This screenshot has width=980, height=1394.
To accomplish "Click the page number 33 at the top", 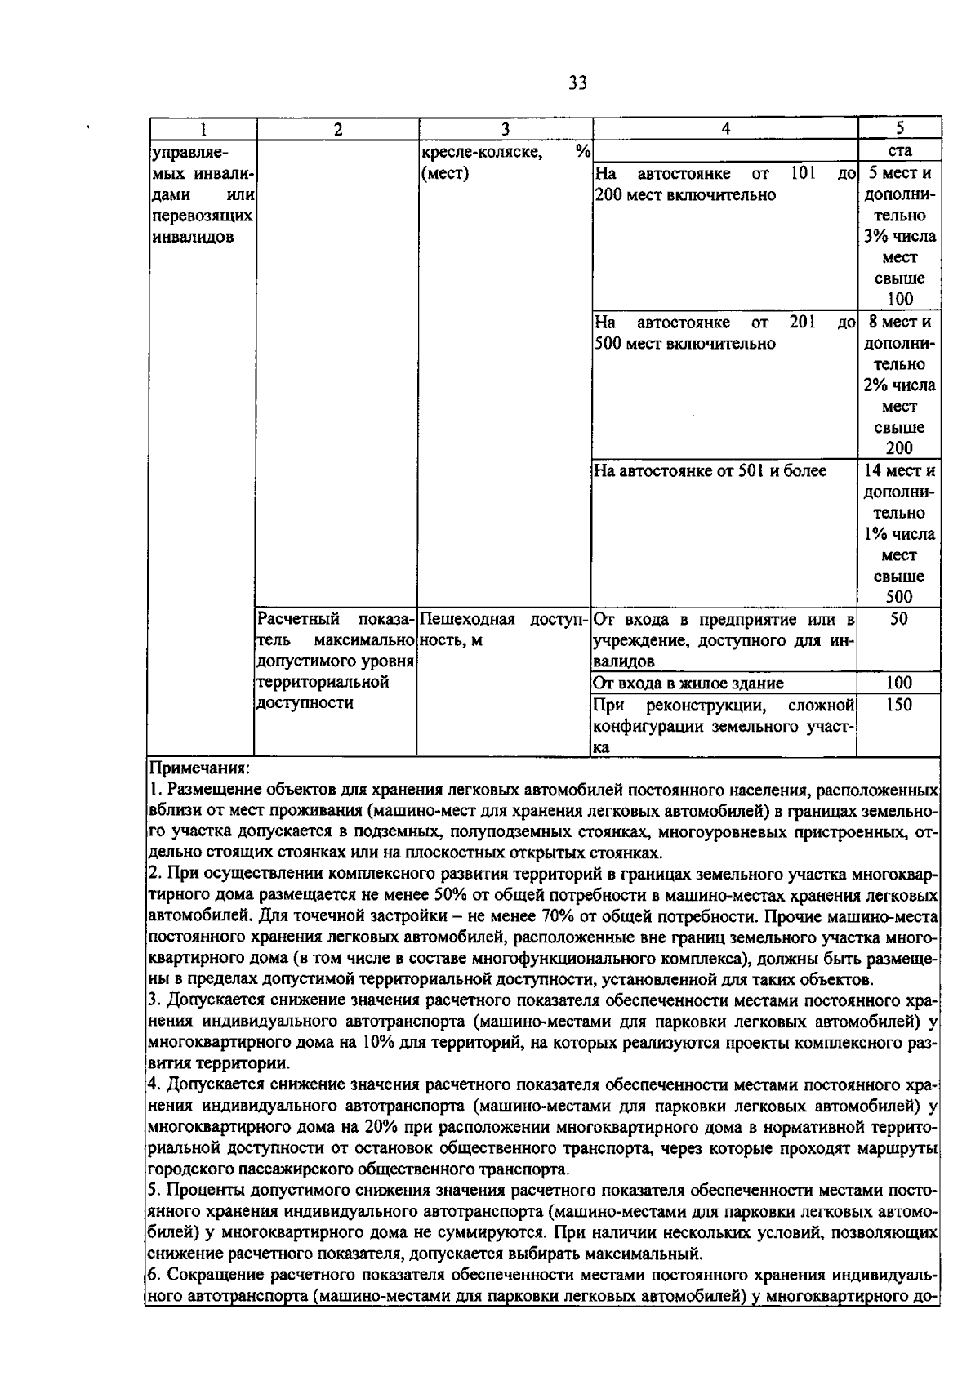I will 576,83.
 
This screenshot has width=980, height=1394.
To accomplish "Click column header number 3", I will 505,129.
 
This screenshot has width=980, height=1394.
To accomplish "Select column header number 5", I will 899,128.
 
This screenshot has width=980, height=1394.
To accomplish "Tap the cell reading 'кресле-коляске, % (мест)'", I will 504,162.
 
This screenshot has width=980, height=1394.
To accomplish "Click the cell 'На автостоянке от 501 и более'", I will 710,471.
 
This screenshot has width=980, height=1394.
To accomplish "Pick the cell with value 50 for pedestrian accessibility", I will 898,620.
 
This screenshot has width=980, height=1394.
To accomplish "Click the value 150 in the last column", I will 898,705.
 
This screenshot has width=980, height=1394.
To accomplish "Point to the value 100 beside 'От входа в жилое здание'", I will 898,684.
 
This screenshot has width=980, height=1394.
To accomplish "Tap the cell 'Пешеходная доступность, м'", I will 504,630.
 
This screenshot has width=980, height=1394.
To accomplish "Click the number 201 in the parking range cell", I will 803,323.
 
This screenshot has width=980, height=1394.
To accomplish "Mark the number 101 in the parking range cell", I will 804,173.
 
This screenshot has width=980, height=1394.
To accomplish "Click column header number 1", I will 203,129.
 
